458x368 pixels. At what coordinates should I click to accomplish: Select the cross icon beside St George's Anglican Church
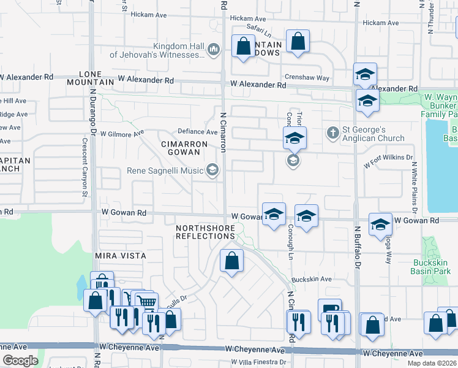pyautogui.click(x=332, y=132)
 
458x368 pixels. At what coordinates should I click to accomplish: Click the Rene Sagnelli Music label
pyautogui.click(x=166, y=171)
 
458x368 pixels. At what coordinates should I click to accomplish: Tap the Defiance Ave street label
pyautogui.click(x=198, y=132)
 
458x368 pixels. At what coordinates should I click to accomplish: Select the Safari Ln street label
pyautogui.click(x=259, y=28)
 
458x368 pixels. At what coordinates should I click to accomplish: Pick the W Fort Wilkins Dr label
pyautogui.click(x=388, y=161)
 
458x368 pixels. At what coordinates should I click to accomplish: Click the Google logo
pyautogui.click(x=20, y=361)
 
